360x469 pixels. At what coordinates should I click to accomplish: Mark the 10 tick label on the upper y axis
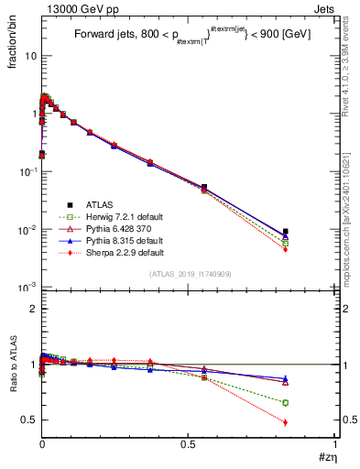click(x=30, y=56)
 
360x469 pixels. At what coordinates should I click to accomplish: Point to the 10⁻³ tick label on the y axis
click(x=27, y=288)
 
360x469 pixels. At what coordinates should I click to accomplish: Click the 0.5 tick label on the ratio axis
click(x=28, y=420)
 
